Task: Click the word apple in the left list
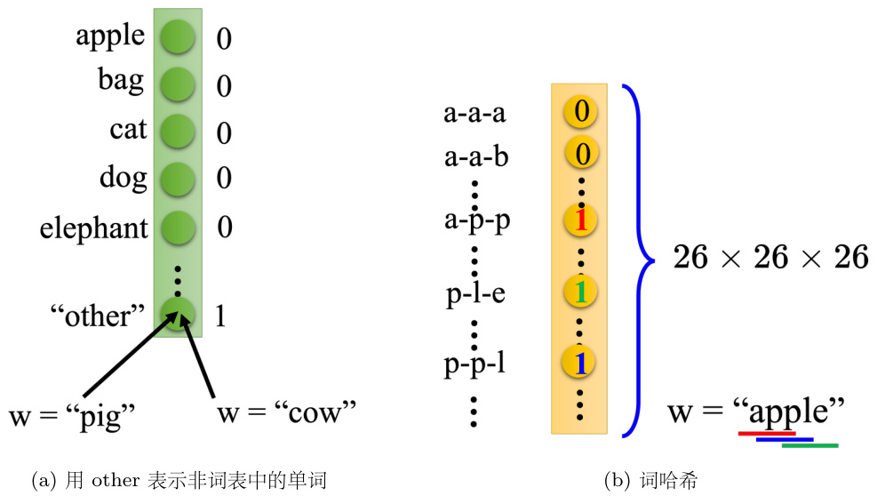(x=109, y=36)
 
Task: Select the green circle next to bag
(x=178, y=84)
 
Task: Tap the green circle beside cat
(x=178, y=132)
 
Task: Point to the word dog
(x=123, y=177)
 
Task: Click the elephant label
(x=93, y=228)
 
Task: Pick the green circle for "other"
(x=178, y=314)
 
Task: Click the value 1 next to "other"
(x=220, y=316)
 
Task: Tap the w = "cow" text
(x=285, y=412)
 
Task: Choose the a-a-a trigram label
(x=475, y=114)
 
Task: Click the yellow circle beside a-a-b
(x=581, y=155)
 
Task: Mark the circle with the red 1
(x=581, y=220)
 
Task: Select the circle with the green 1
(x=581, y=291)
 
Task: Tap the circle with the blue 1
(x=581, y=362)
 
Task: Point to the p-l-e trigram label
(x=475, y=292)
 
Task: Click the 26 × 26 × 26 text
(x=769, y=258)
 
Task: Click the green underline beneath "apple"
(x=809, y=445)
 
